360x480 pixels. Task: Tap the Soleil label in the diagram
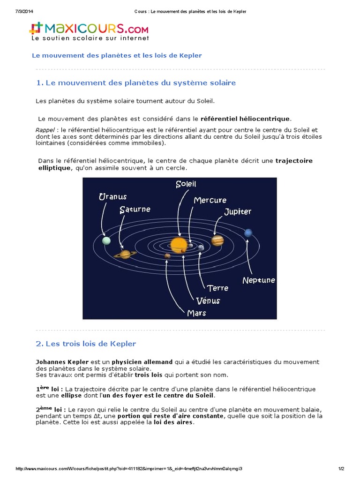[x=186, y=184]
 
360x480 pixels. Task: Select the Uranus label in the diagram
[x=112, y=197]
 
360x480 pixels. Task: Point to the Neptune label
[x=259, y=280]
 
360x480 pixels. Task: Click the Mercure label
[x=210, y=200]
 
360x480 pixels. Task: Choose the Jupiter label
[x=238, y=211]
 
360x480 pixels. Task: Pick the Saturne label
[x=135, y=210]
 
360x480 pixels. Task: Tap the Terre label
[x=217, y=288]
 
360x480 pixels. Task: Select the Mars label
[x=196, y=313]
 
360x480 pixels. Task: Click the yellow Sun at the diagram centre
[x=179, y=244]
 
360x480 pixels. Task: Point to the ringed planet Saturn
[x=125, y=254]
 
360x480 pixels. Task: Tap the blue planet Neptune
[x=248, y=232]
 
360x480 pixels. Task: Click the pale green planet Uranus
[x=106, y=240]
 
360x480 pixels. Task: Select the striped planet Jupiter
[x=217, y=240]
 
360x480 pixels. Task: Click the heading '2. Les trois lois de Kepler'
[x=86, y=344]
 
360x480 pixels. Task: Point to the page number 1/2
[x=341, y=469]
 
